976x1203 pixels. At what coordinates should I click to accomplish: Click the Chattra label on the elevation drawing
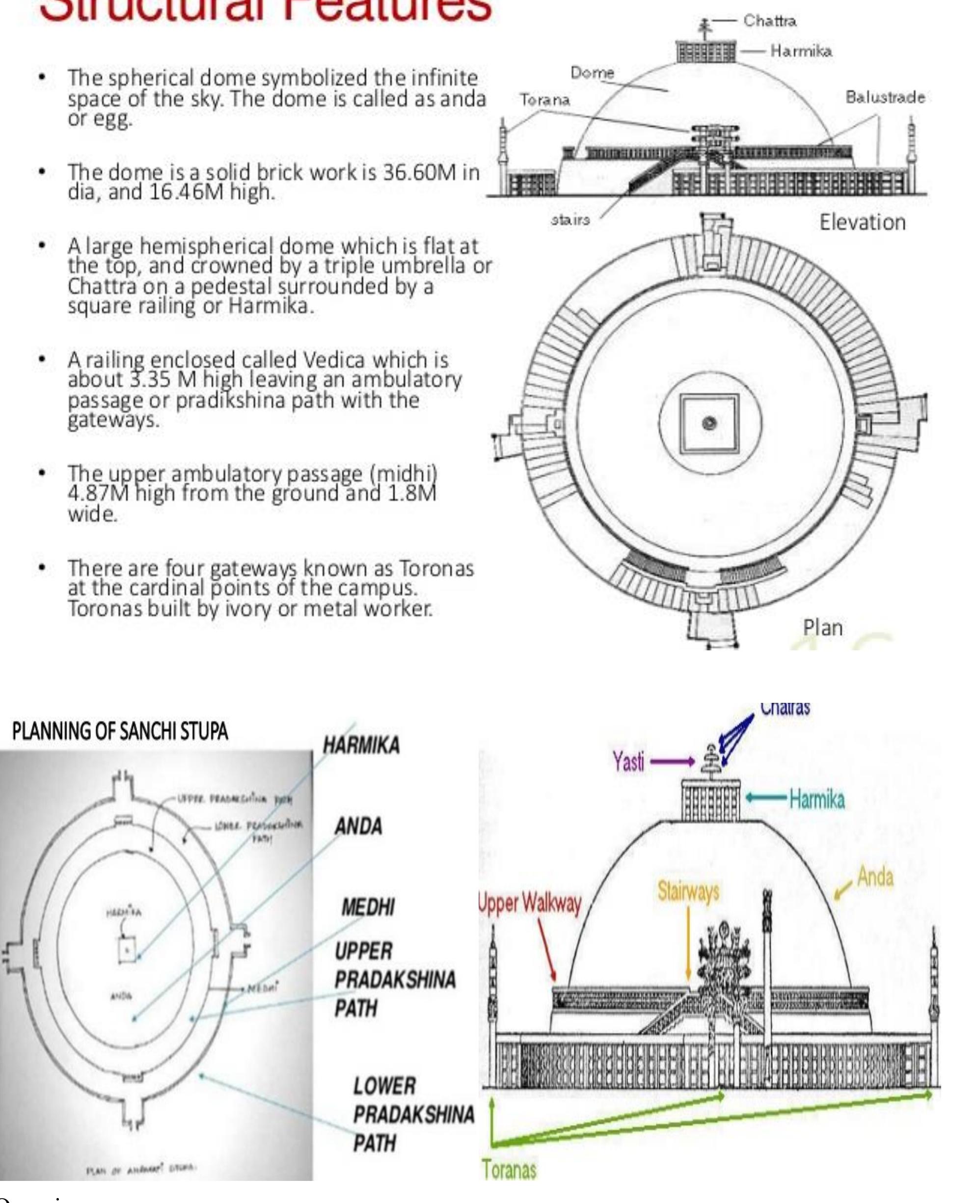point(769,22)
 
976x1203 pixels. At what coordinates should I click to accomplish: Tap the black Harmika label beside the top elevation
point(801,51)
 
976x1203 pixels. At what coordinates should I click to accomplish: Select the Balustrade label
point(885,97)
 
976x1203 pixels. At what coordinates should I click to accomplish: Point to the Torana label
point(544,100)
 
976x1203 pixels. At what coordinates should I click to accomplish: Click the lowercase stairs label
point(570,220)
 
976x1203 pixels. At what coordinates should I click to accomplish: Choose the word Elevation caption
point(862,223)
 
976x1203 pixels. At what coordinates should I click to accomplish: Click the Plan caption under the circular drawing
point(822,627)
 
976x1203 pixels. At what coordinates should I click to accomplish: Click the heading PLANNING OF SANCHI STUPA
point(120,731)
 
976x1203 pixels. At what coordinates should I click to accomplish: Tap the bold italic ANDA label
point(358,827)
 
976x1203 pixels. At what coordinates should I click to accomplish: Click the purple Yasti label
point(628,762)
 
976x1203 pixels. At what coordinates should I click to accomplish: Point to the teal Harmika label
point(816,799)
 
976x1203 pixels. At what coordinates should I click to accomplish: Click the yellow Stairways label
point(688,891)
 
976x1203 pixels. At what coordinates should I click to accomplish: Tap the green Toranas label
point(509,1170)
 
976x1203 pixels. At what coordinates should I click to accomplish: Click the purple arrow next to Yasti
point(673,762)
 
